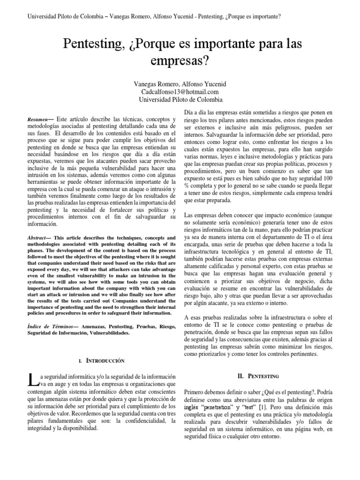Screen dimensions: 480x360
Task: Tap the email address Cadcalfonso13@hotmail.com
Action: click(180, 92)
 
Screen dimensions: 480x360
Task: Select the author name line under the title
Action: click(180, 84)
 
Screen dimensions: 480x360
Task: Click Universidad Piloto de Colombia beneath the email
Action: click(180, 100)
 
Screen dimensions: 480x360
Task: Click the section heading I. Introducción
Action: click(102, 361)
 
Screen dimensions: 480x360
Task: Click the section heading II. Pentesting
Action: click(258, 376)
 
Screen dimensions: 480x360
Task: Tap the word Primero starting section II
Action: click(197, 391)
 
